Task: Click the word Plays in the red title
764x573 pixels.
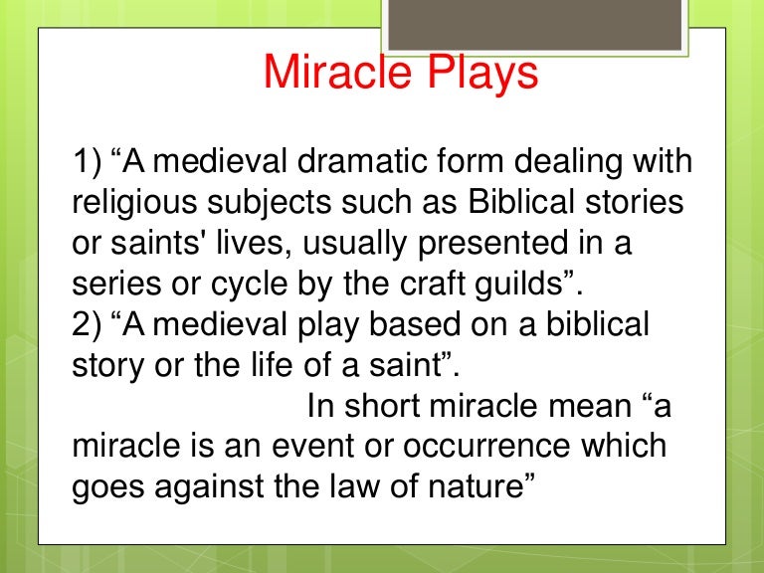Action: point(476,73)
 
